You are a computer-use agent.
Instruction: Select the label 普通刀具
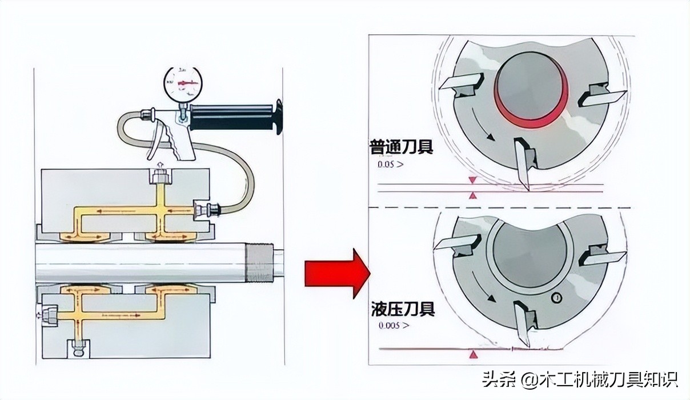[x=401, y=148]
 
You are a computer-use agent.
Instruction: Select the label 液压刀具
[x=402, y=310]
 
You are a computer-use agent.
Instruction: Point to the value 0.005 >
[x=394, y=327]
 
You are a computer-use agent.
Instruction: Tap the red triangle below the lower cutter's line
[x=472, y=356]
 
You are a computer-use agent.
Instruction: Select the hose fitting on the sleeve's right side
[x=206, y=210]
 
